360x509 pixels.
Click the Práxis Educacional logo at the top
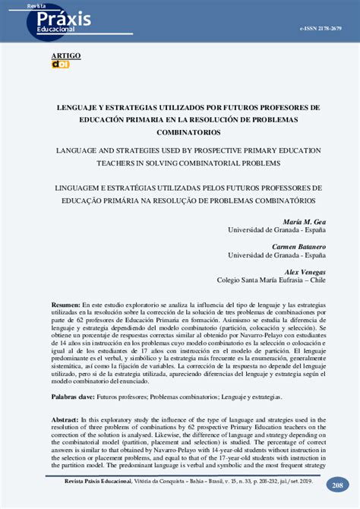pyautogui.click(x=61, y=21)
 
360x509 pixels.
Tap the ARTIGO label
pyautogui.click(x=65, y=56)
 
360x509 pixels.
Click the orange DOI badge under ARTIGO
pyautogui.click(x=60, y=65)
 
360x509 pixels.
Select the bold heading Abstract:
pyautogui.click(x=65, y=419)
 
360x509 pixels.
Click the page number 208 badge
pyautogui.click(x=336, y=484)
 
